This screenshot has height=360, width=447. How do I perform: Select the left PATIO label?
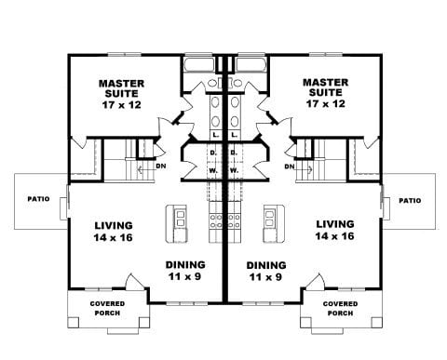[38, 199]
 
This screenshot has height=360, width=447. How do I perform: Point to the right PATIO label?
[410, 201]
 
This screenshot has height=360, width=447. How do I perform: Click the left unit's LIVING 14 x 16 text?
[114, 232]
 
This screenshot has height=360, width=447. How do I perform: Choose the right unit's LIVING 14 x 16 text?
[334, 230]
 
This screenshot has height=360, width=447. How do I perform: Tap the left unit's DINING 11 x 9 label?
[185, 271]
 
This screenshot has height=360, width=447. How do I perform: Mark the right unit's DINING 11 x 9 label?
[266, 271]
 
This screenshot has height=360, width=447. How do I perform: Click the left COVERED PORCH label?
[107, 308]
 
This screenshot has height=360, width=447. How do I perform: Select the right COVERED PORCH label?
[340, 308]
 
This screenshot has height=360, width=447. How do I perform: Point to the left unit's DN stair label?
[161, 167]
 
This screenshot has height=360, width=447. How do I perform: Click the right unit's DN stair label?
[290, 167]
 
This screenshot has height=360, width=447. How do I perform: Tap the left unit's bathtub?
[199, 65]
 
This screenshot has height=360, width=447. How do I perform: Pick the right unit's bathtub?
[251, 65]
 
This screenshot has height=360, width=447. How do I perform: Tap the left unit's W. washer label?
[213, 170]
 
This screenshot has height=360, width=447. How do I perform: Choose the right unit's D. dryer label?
[233, 153]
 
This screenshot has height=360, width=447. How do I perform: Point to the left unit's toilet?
[212, 83]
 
